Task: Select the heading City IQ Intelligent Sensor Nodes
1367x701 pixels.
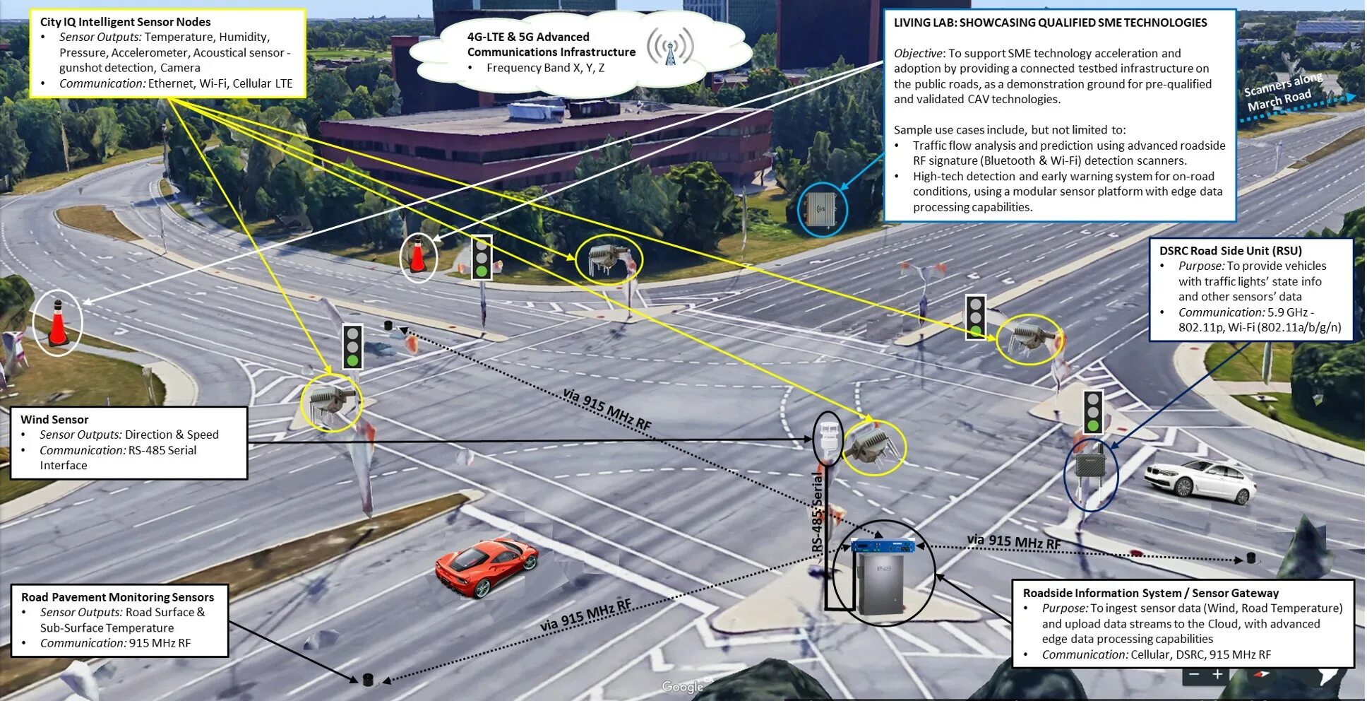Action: (x=125, y=22)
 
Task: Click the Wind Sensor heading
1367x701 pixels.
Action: (x=54, y=419)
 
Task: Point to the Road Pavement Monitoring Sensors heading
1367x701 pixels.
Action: (x=117, y=597)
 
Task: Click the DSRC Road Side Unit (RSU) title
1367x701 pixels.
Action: (x=1230, y=251)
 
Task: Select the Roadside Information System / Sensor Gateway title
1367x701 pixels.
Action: (x=1150, y=593)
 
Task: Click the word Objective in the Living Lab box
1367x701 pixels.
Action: (x=917, y=53)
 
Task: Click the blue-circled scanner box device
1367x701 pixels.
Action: (x=822, y=208)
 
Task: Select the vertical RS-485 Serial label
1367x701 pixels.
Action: (x=818, y=512)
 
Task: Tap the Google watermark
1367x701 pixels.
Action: (x=682, y=686)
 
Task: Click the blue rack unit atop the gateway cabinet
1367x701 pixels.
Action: (x=883, y=546)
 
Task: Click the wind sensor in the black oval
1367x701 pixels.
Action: (x=828, y=438)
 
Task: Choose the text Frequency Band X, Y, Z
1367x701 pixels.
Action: (x=544, y=68)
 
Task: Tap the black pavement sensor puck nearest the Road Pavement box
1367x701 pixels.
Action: (x=367, y=680)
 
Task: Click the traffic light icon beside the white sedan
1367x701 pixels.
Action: (x=1093, y=411)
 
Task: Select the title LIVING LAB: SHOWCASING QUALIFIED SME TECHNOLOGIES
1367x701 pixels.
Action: (x=1050, y=23)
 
